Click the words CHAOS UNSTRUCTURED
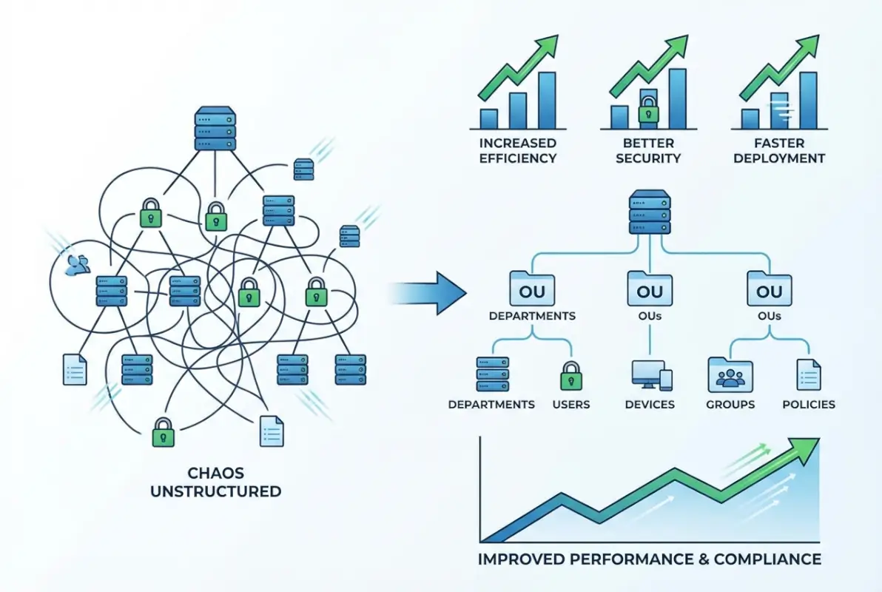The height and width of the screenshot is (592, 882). click(215, 482)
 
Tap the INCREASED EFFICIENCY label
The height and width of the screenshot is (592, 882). click(518, 149)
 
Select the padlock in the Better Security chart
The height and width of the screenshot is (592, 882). click(648, 110)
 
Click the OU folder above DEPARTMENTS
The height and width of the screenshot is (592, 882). click(531, 289)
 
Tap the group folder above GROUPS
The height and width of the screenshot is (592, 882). click(730, 375)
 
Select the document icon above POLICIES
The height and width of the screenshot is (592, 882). click(808, 375)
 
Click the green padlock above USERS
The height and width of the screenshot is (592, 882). click(570, 375)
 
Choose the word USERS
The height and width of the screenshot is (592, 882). click(570, 405)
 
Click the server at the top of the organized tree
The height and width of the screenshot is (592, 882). click(650, 212)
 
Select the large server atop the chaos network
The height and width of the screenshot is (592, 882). click(215, 129)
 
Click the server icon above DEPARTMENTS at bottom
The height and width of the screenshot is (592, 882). click(491, 374)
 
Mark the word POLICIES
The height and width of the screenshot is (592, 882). click(808, 405)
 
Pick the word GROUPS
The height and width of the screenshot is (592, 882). click(730, 405)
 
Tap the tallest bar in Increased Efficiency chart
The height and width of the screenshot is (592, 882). click(547, 100)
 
